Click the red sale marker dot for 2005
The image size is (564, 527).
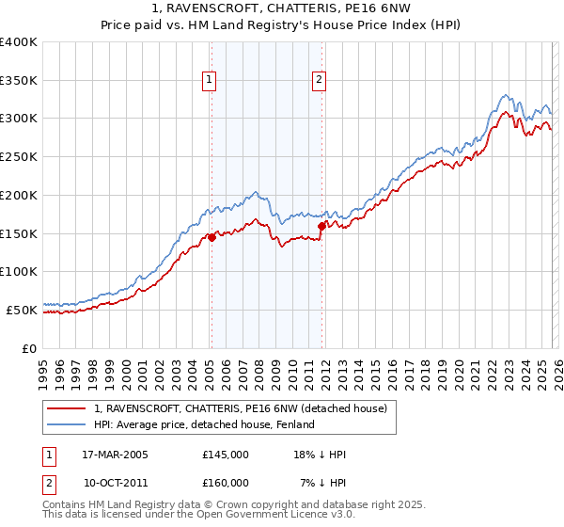click(x=211, y=237)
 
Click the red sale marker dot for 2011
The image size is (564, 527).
click(x=321, y=226)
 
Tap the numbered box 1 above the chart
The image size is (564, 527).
click(x=209, y=81)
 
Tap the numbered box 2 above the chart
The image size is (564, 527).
click(x=320, y=81)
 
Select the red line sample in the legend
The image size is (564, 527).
click(x=67, y=408)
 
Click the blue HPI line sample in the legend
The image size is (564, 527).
click(x=67, y=424)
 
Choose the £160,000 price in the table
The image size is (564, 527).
click(x=225, y=483)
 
